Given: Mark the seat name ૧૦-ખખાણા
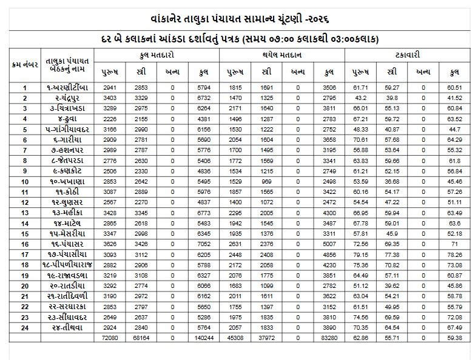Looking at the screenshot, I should point(74,181).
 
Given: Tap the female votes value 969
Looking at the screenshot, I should point(266,181).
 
